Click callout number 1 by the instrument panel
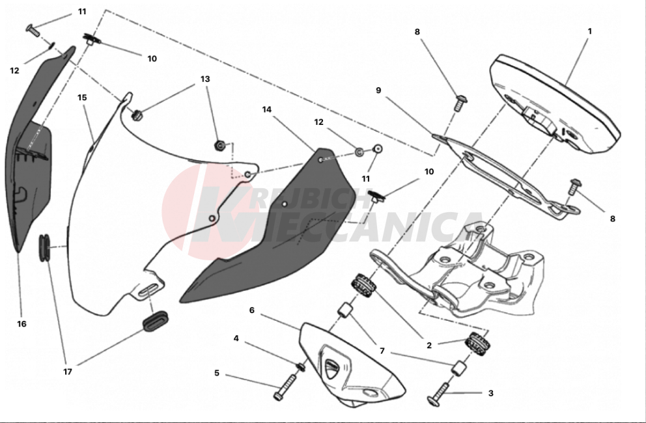click(589, 31)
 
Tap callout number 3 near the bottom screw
click(490, 393)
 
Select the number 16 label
click(22, 324)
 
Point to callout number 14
click(267, 109)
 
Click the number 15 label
click(83, 98)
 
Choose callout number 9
click(378, 90)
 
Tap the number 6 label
click(252, 310)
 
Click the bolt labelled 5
click(285, 387)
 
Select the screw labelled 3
click(439, 394)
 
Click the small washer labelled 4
click(301, 366)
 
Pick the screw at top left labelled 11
click(33, 30)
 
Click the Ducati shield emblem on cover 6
click(331, 368)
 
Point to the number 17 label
click(68, 372)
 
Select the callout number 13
click(205, 79)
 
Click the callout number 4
click(236, 338)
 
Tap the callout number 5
click(217, 373)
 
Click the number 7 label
click(382, 351)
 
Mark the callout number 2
click(429, 346)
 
